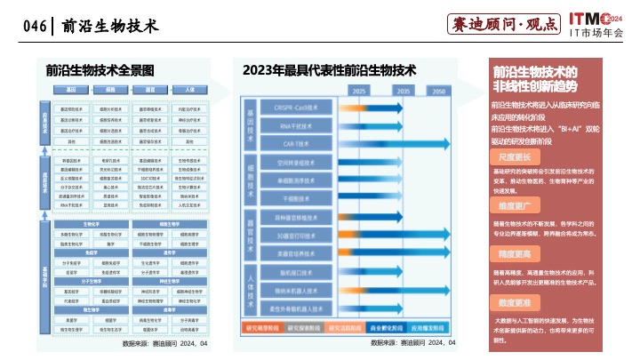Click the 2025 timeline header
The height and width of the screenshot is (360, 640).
click(360, 91)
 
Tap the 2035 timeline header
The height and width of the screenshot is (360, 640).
click(403, 91)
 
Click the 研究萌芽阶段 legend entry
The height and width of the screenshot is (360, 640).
click(262, 326)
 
